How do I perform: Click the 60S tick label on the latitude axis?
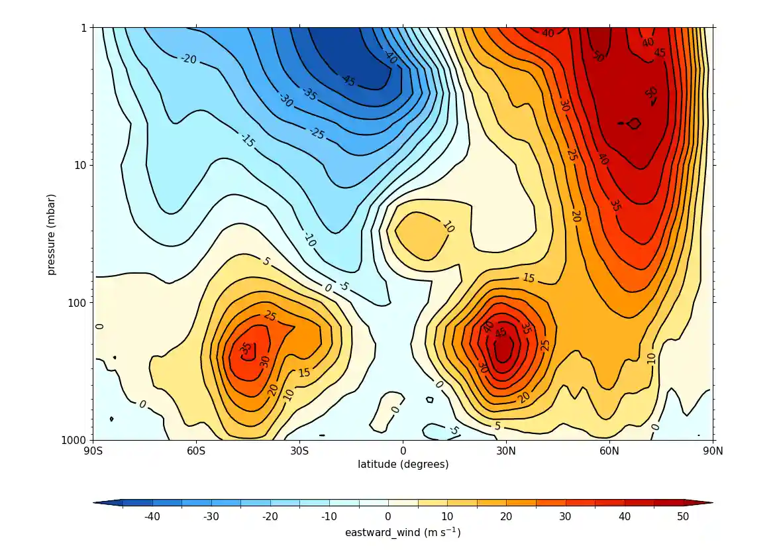click(196, 452)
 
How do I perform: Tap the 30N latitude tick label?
click(506, 452)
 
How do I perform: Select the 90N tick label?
click(713, 452)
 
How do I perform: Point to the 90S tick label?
click(93, 452)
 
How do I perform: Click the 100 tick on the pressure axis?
click(79, 302)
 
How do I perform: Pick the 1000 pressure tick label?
click(76, 440)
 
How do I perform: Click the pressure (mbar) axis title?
click(52, 234)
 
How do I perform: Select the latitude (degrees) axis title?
click(403, 465)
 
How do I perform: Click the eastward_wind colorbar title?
click(403, 533)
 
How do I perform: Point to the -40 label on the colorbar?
click(152, 517)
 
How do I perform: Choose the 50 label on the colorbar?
click(683, 517)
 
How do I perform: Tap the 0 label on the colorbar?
click(388, 517)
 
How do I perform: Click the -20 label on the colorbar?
click(270, 517)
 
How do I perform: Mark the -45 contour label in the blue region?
click(347, 80)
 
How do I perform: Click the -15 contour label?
click(247, 140)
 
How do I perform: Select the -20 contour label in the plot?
click(188, 59)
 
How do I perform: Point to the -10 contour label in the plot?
click(309, 239)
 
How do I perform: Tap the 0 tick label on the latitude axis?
click(403, 452)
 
